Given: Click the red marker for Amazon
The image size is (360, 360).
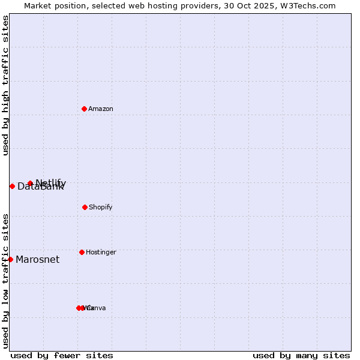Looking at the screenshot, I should tap(84, 109).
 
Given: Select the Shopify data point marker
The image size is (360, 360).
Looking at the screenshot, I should tap(85, 207).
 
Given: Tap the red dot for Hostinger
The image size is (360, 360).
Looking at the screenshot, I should tap(82, 252).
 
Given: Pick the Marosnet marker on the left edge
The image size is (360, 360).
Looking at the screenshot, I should tap(10, 259).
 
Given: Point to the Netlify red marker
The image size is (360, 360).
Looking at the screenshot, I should tap(30, 183).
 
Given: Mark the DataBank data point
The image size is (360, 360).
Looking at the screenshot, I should tap(12, 186).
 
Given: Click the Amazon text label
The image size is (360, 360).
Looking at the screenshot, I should tap(101, 109).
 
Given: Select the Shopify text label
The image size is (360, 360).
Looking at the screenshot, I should tap(101, 207).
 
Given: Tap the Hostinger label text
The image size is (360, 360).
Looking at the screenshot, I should tap(101, 252).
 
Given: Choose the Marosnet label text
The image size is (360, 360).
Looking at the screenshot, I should tap(38, 259).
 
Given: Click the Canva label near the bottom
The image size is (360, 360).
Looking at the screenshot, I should tap(97, 308).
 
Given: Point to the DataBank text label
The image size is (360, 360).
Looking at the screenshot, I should tap(40, 187).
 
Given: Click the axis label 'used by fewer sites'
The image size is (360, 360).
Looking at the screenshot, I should tap(62, 355).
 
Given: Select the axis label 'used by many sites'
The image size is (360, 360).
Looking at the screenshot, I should tap(301, 355).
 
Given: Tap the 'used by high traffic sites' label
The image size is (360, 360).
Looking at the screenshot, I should tap(5, 85).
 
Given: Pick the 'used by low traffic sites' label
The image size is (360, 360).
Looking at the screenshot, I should tap(5, 280).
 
